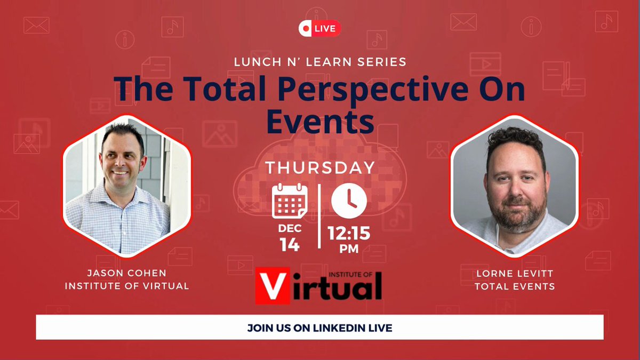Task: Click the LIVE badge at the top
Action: pos(319,28)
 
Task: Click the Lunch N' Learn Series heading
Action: pos(320,62)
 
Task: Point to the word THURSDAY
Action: pos(321,167)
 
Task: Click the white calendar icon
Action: pos(290,201)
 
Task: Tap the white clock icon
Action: pos(349,201)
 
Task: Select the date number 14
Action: pos(290,245)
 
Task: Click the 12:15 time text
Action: pos(349,233)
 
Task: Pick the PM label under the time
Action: pos(349,249)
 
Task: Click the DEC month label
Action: pos(290,228)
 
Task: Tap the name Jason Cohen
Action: pos(126,273)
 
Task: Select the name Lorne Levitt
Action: pos(515,274)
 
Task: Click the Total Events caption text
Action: pos(515,286)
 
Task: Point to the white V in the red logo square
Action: pos(273,286)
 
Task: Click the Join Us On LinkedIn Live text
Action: pos(319,328)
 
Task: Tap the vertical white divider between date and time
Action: pos(319,217)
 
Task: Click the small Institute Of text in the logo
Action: pos(350,275)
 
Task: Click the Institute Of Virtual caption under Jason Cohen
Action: pos(127,286)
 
